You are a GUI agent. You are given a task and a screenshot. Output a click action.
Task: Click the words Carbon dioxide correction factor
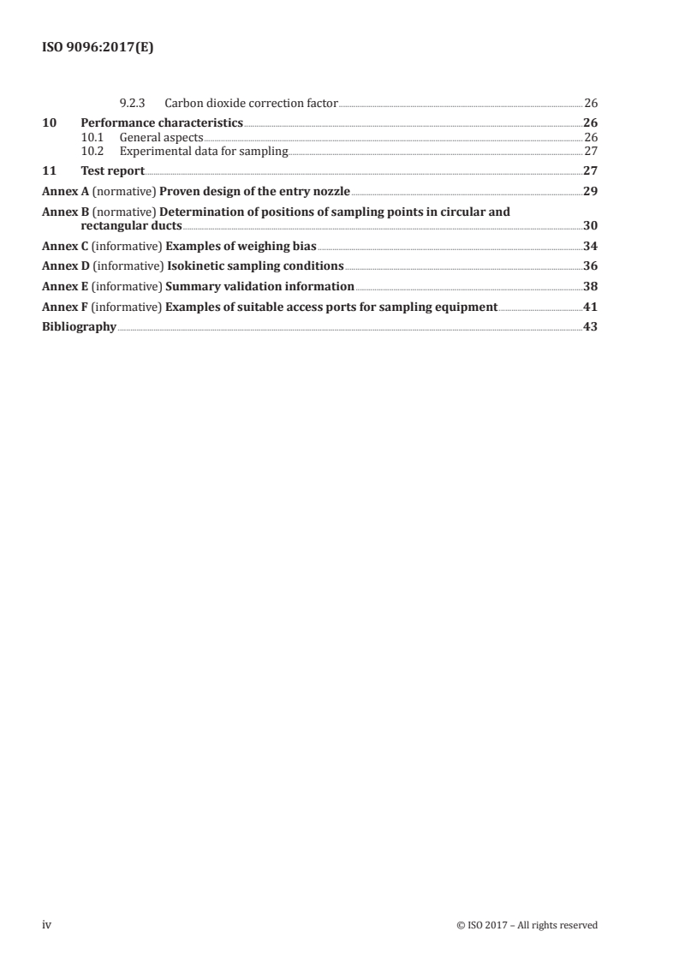[x=252, y=103]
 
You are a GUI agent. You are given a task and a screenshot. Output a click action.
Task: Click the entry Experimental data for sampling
[x=204, y=152]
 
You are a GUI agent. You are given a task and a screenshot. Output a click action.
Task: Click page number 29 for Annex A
[x=590, y=191]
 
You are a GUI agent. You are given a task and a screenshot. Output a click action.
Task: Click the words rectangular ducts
[x=125, y=226]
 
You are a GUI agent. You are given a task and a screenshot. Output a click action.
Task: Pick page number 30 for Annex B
[x=590, y=226]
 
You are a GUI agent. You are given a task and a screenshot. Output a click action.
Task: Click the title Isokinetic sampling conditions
[x=254, y=266]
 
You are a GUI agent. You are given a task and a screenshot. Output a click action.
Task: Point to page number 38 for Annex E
[x=590, y=286]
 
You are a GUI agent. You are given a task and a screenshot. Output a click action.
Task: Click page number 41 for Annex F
[x=590, y=307]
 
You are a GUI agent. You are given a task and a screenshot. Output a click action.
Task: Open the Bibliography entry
[x=80, y=326]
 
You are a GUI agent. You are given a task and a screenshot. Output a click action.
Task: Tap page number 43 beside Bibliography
[x=590, y=326]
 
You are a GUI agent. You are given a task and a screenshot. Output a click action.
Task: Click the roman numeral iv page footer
[x=47, y=924]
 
